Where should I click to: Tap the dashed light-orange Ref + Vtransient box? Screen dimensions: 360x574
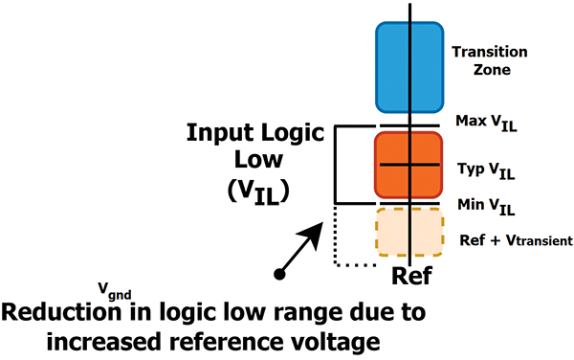[x=408, y=231]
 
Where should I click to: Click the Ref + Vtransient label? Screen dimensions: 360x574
[x=517, y=239]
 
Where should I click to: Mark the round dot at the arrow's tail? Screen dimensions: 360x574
[x=278, y=274]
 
